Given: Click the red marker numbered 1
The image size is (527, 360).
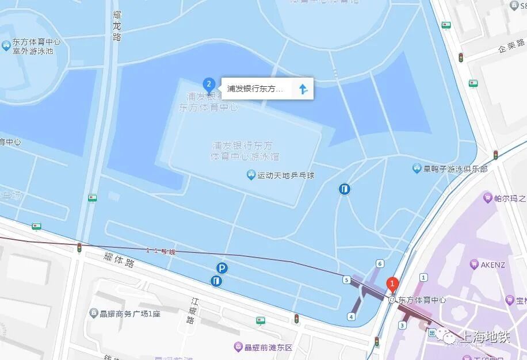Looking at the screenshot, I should click(393, 284).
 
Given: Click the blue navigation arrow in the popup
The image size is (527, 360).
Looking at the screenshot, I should click(303, 89).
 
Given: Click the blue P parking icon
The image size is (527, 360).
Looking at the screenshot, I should click(222, 268).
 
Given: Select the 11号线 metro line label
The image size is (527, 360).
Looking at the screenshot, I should click(161, 251).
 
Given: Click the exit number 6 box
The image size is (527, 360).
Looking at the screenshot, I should click(380, 263).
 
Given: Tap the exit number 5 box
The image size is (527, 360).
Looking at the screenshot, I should click(346, 280).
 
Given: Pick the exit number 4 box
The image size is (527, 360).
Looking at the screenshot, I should click(351, 316).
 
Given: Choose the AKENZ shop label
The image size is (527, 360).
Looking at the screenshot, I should click(492, 265).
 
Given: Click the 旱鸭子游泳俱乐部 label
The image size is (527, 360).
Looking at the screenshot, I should click(455, 169).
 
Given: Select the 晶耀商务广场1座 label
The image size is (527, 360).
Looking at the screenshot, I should click(128, 313).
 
